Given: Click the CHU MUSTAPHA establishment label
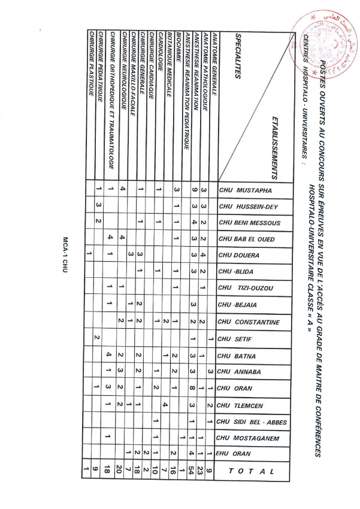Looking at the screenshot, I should (246, 191).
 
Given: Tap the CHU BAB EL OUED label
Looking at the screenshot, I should (250, 240).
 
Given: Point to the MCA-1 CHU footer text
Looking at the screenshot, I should (62, 255).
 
